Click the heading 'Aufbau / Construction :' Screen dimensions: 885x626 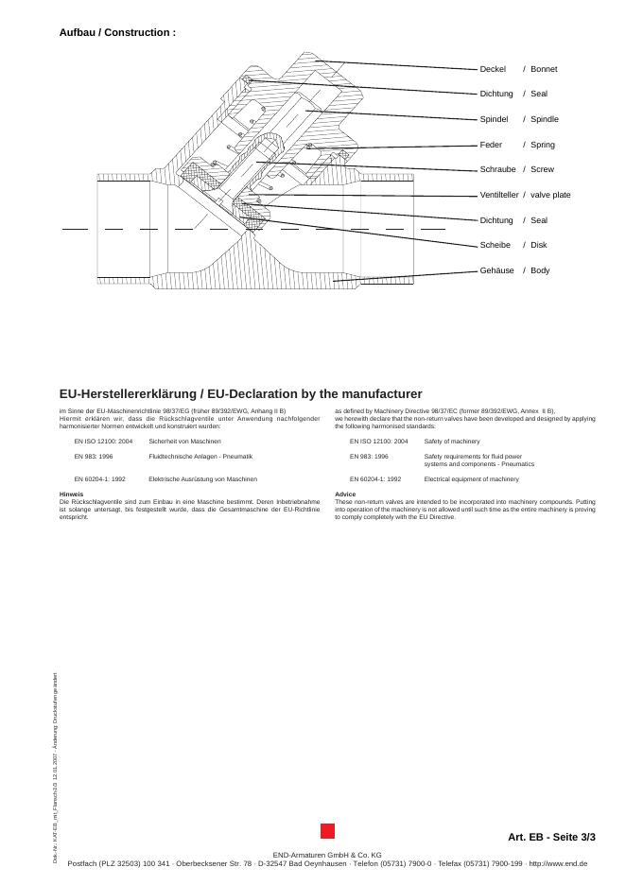pos(117,32)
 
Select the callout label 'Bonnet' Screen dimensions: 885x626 pos(544,69)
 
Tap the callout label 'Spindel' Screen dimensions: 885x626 pos(494,119)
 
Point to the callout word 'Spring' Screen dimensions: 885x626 pos(543,145)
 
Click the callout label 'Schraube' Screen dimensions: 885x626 pos(497,169)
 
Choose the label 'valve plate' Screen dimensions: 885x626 pos(550,195)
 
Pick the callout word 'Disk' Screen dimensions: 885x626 pos(539,245)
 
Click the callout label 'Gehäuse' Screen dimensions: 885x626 pos(496,270)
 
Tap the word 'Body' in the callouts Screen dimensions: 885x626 pos(540,270)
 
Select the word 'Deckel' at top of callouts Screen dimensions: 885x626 pos(493,69)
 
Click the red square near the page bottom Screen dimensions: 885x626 pos(327,831)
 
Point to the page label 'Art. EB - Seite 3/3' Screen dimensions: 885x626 pos(551,837)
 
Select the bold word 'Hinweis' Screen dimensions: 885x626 pos(71,494)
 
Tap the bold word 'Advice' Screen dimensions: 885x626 pos(345,494)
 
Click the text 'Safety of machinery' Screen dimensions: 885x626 pos(451,442)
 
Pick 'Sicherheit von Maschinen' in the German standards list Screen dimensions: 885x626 pos(184,442)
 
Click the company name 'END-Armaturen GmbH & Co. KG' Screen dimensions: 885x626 pos(326,855)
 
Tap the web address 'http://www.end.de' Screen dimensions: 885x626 pos(557,863)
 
